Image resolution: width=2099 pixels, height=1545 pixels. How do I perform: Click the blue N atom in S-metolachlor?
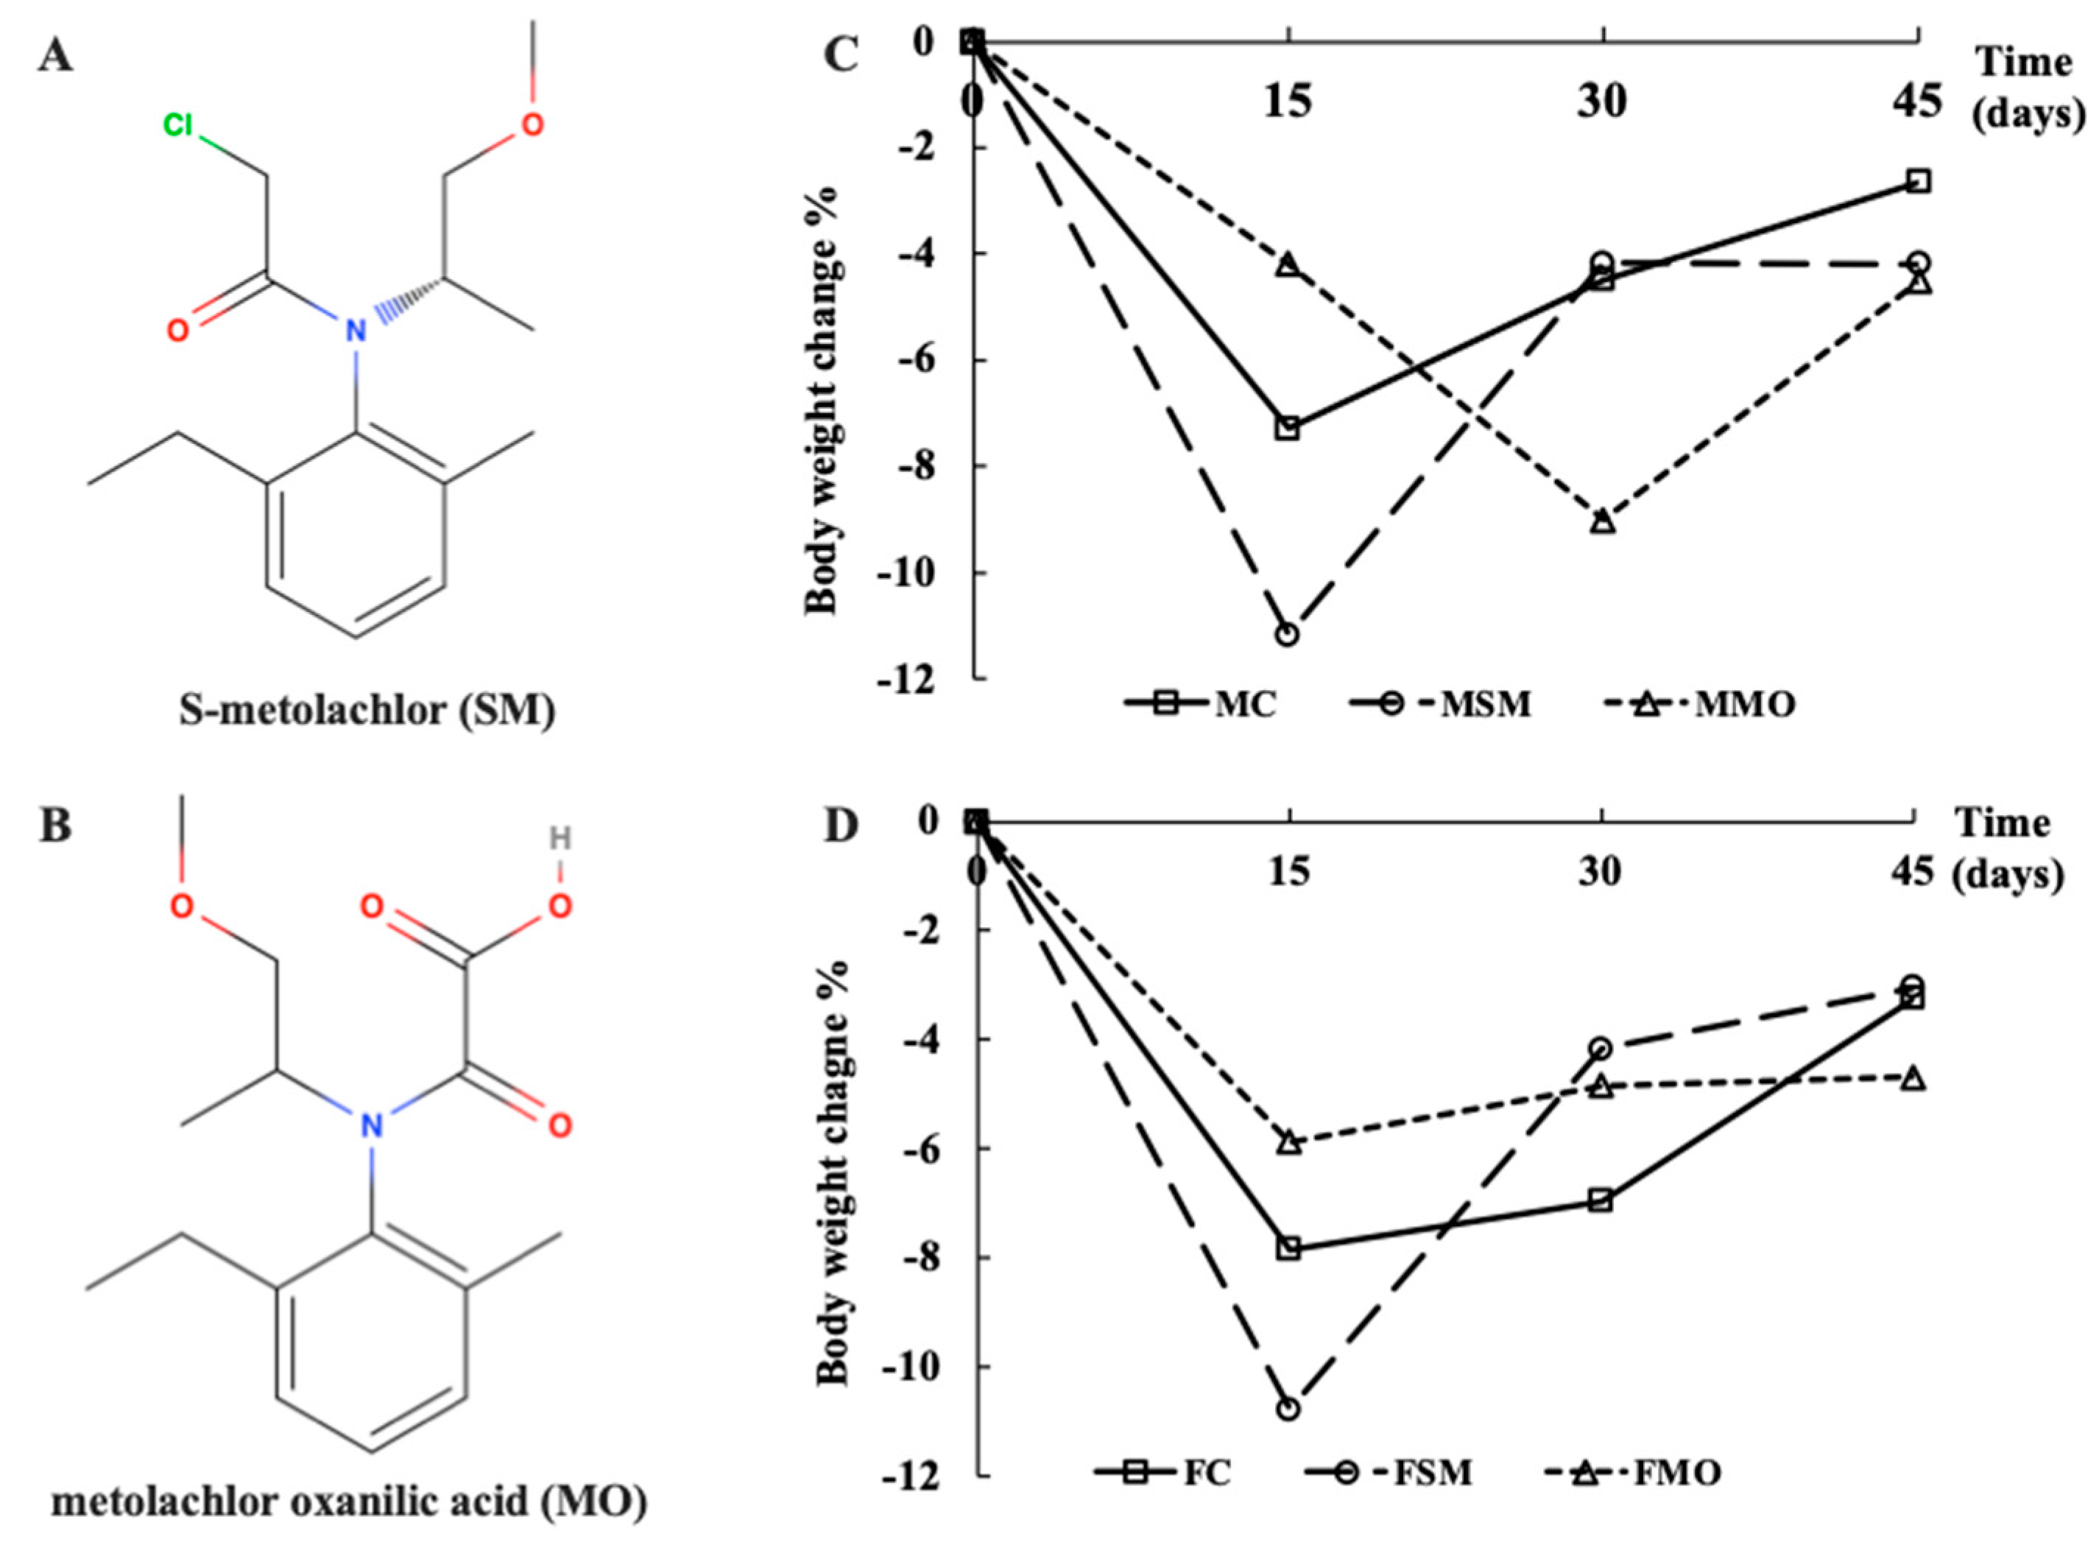point(353,329)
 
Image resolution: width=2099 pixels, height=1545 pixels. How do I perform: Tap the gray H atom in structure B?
point(559,838)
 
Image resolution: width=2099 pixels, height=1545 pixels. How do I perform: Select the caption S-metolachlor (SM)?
point(367,711)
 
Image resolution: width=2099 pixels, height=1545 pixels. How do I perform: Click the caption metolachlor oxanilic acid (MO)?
point(348,1503)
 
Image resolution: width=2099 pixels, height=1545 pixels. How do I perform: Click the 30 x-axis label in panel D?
point(1599,872)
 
